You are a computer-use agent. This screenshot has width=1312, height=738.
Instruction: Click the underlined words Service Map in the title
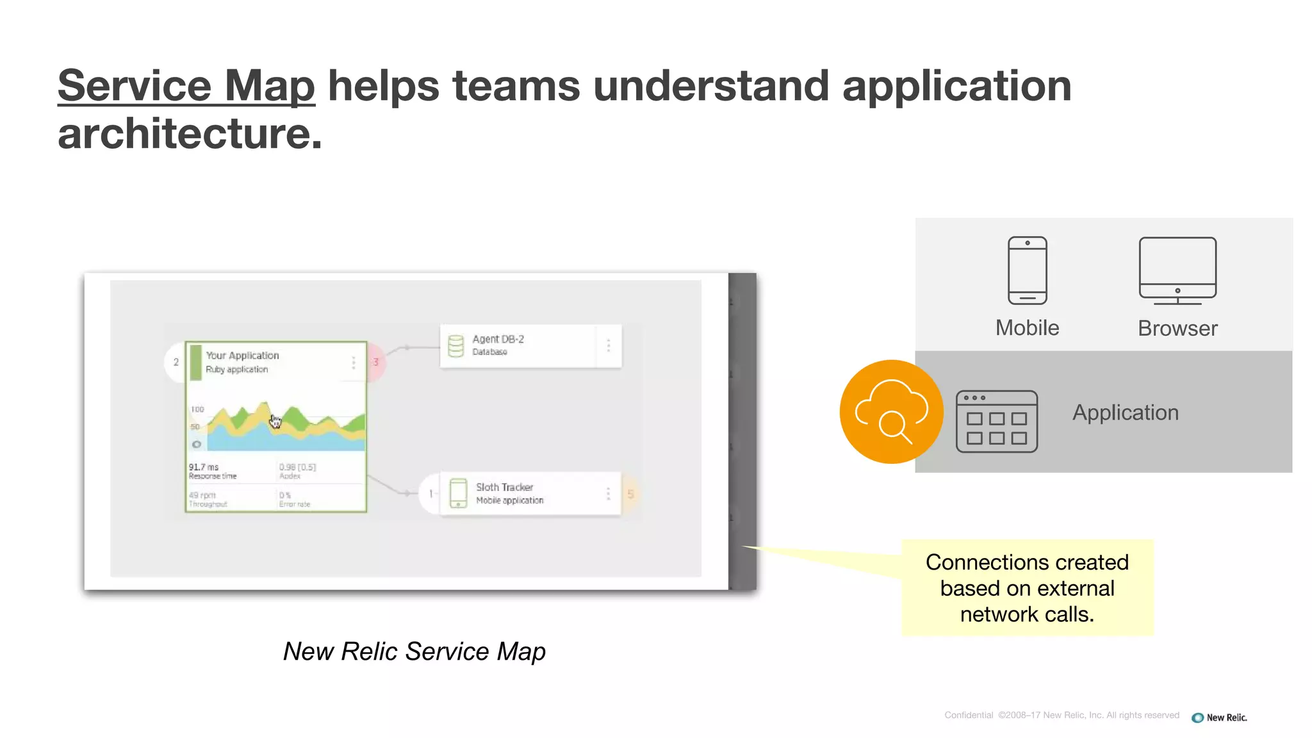click(x=186, y=86)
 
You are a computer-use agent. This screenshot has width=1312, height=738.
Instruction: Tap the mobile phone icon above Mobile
click(x=1027, y=270)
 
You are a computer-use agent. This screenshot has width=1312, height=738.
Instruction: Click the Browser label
click(x=1177, y=329)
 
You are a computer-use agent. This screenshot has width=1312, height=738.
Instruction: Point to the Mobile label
click(x=1027, y=328)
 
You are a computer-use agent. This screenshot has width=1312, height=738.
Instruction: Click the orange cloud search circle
click(x=891, y=412)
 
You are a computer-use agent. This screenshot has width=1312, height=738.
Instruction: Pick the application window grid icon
click(x=996, y=422)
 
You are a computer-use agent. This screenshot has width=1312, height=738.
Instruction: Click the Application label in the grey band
click(x=1126, y=413)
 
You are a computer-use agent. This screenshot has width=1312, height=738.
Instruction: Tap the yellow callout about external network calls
click(x=1027, y=588)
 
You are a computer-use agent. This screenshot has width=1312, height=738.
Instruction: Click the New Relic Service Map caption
click(x=414, y=652)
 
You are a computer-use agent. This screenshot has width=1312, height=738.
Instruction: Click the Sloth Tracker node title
click(x=504, y=488)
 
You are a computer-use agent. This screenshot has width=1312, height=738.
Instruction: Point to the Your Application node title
click(x=242, y=356)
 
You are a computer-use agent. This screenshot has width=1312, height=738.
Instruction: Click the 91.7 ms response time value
click(x=204, y=467)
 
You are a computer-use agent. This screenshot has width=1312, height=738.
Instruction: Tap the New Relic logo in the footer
click(x=1219, y=717)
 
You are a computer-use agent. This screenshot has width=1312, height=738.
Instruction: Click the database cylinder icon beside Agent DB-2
click(x=455, y=346)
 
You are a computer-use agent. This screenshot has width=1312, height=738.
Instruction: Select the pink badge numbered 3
click(x=376, y=362)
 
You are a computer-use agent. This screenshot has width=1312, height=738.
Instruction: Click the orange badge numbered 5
click(x=630, y=494)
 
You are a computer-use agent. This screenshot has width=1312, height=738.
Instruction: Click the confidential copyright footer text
click(x=1062, y=716)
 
